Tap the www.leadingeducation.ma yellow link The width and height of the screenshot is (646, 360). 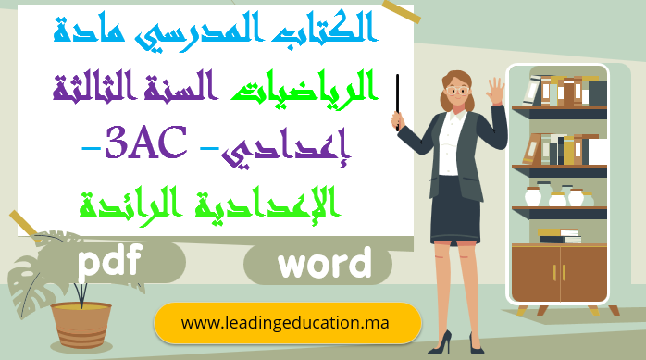[x=286, y=323]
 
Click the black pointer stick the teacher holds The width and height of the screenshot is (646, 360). [x=397, y=102]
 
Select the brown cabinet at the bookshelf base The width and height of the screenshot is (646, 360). [x=558, y=272]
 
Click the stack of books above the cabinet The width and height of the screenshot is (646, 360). [x=558, y=236]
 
